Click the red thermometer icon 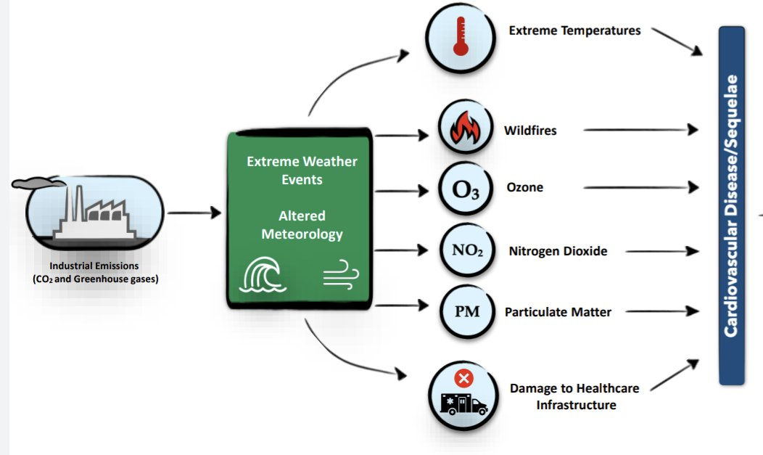461,36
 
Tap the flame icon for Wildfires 465,128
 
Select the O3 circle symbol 466,189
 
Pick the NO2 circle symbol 467,250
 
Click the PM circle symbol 467,311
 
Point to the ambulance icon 463,403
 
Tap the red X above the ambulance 463,378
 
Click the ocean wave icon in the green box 263,274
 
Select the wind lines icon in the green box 341,274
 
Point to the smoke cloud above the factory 38,182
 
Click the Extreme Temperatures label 574,30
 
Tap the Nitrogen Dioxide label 558,251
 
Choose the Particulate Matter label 558,312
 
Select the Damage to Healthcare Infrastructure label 574,397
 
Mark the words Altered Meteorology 302,225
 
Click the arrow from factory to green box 194,213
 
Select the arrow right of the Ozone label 641,187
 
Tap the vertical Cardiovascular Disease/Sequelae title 731,206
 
